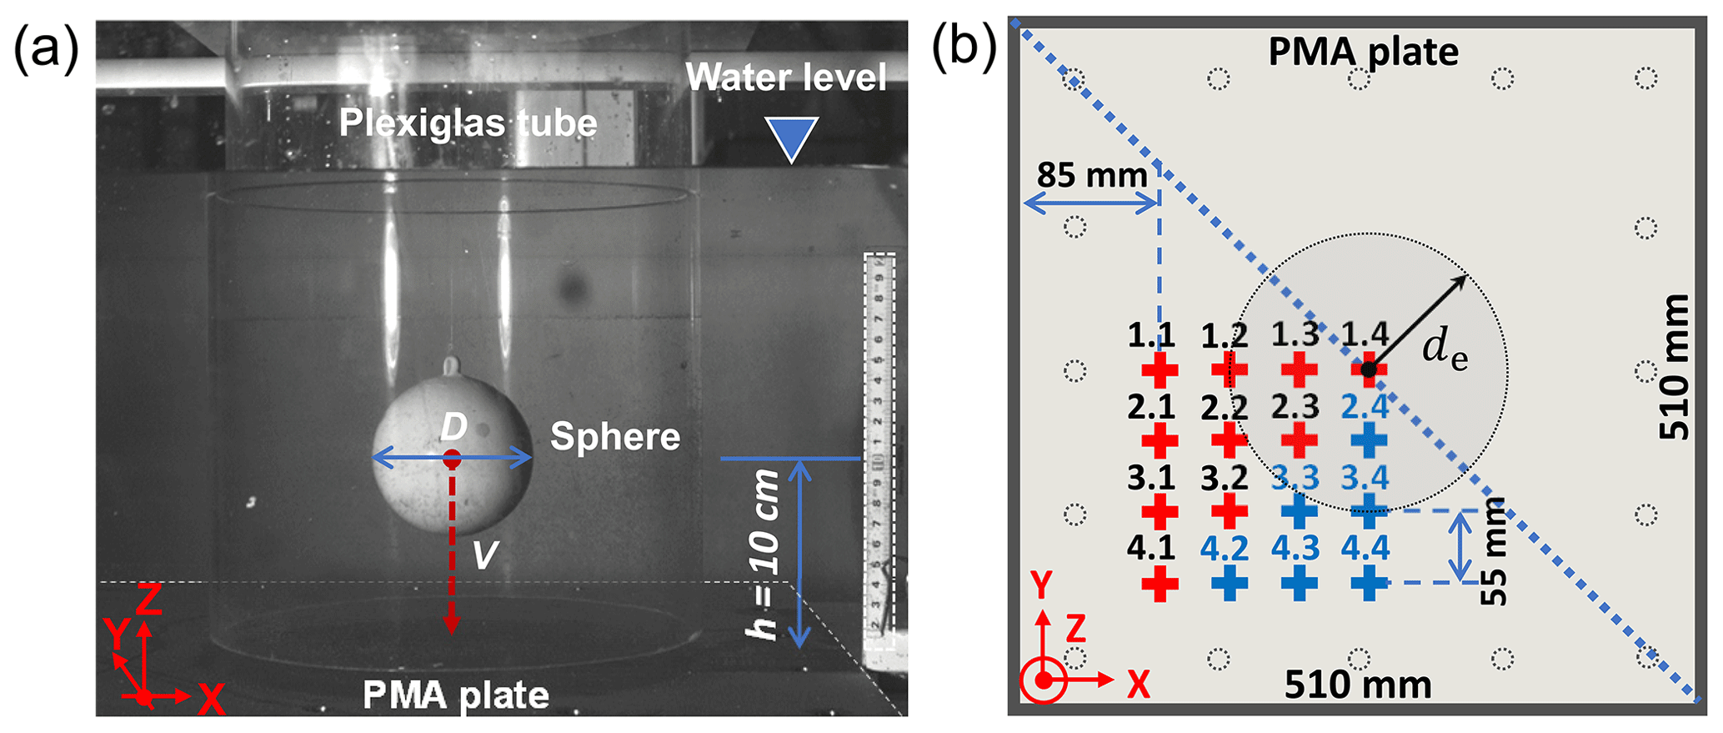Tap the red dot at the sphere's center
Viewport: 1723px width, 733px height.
click(452, 458)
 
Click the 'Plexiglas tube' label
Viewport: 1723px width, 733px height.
click(468, 123)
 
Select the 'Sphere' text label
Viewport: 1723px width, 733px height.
click(615, 436)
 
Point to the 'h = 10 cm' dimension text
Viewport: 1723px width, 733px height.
click(764, 555)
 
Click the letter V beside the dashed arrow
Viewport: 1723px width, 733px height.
click(485, 555)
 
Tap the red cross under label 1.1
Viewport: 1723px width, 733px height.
click(1160, 369)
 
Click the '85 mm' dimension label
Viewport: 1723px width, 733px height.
click(1091, 176)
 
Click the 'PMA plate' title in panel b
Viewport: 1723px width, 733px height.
click(1363, 52)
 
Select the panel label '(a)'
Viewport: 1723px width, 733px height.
click(46, 48)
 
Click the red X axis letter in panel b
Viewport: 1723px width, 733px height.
click(1138, 685)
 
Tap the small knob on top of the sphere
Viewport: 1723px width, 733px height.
click(451, 366)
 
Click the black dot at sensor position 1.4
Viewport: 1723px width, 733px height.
click(1368, 369)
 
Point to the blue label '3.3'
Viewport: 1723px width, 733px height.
click(1295, 478)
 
